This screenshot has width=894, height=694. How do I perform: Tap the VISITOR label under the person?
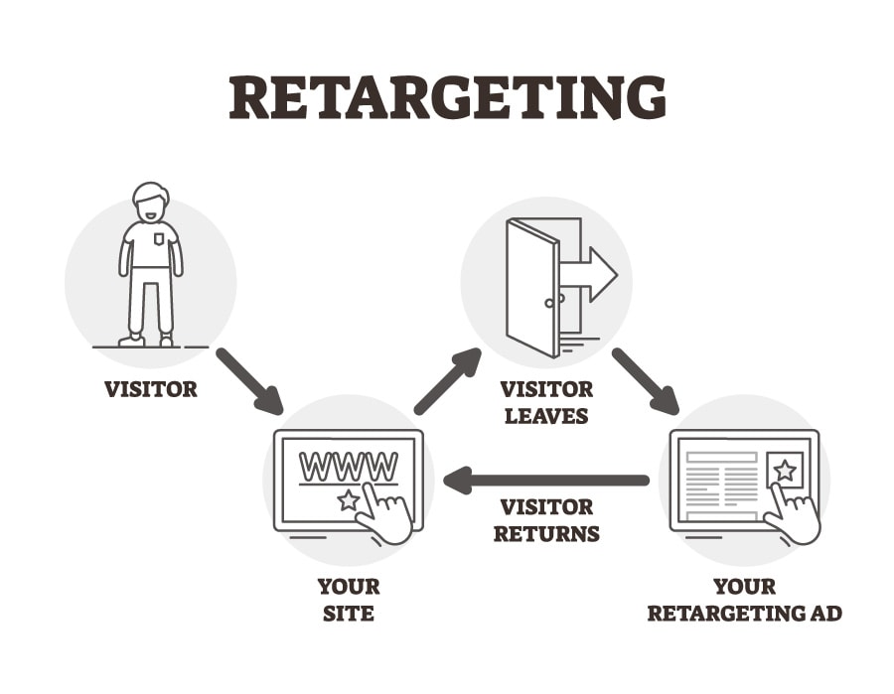[x=151, y=388]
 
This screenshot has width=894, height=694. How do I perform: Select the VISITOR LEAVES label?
[x=546, y=401]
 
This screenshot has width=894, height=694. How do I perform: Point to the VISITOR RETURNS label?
[x=546, y=519]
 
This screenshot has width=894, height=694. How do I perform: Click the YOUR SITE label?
[x=348, y=600]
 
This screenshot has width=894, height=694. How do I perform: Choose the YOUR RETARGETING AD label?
[x=744, y=600]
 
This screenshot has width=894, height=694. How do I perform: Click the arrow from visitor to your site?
[x=248, y=379]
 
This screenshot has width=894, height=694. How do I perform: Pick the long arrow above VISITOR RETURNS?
[x=546, y=482]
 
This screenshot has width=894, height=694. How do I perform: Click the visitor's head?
[x=150, y=203]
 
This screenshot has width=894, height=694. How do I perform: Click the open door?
[x=532, y=288]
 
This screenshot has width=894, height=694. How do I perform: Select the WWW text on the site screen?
[x=349, y=467]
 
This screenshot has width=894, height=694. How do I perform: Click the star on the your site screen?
[x=348, y=500]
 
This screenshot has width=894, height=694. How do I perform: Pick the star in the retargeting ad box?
[x=785, y=470]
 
